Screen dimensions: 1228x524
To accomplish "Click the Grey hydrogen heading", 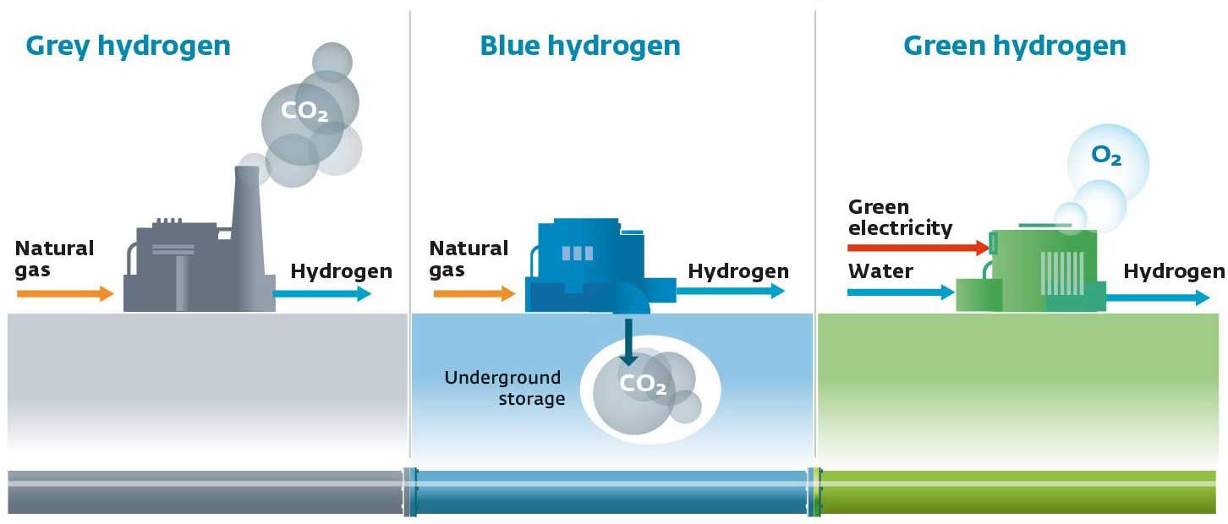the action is click(x=128, y=46).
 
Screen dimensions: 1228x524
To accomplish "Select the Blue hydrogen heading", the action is click(x=580, y=46).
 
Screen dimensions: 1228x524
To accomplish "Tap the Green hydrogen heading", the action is click(x=1014, y=46).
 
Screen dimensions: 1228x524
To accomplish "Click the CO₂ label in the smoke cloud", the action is click(x=304, y=112).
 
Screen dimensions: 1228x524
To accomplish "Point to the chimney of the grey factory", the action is click(x=248, y=219).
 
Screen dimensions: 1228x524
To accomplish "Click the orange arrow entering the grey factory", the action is click(x=65, y=294).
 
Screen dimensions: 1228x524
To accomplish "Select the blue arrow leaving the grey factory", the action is click(x=322, y=294).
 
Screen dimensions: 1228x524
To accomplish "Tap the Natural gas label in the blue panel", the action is click(x=469, y=259).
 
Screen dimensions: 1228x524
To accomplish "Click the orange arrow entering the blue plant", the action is click(x=474, y=294).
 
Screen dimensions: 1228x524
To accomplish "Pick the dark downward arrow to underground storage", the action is click(x=628, y=342).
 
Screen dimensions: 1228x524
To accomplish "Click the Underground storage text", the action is click(x=504, y=388).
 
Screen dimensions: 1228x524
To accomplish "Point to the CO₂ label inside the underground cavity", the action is click(x=643, y=385).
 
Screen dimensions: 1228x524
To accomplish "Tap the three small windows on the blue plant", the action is click(x=578, y=254).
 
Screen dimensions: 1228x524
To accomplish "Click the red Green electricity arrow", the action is click(x=918, y=248).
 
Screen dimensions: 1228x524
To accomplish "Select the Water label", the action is click(x=880, y=271).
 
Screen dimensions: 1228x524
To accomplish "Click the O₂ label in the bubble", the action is click(x=1106, y=156).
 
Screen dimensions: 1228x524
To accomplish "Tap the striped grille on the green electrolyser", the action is click(x=1062, y=274).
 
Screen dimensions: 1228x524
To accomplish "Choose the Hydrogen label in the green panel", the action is click(x=1174, y=271).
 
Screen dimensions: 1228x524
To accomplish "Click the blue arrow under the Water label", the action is click(x=902, y=292).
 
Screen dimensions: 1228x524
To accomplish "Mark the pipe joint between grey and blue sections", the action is click(x=410, y=492).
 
